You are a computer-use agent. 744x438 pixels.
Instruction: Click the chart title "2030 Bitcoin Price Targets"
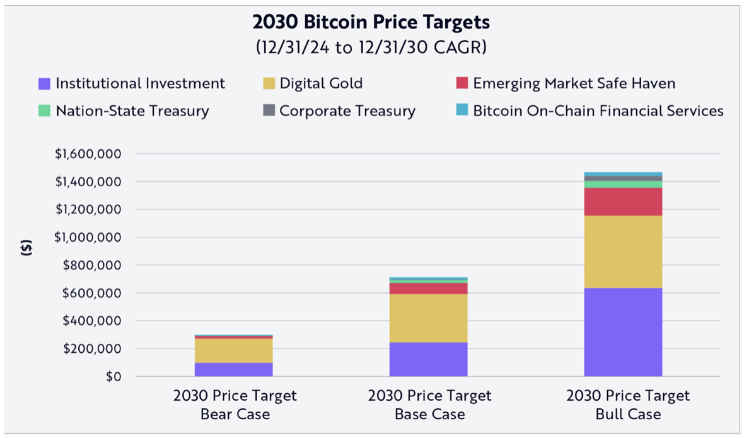371,23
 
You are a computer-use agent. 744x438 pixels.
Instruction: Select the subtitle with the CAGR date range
371,47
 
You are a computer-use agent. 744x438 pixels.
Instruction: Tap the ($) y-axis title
26,247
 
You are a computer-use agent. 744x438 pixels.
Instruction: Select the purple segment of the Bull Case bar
623,332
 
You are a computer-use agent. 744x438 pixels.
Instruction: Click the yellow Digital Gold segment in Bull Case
623,252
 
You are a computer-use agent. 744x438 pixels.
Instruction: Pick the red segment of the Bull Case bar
623,202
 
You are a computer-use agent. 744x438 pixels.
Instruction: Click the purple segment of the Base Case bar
429,359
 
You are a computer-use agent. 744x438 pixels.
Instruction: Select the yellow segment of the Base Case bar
429,318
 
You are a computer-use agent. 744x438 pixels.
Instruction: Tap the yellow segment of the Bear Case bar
234,350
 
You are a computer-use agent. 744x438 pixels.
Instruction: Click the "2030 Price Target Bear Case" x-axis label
235,405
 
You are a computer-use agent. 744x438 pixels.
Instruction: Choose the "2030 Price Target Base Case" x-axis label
429,405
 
